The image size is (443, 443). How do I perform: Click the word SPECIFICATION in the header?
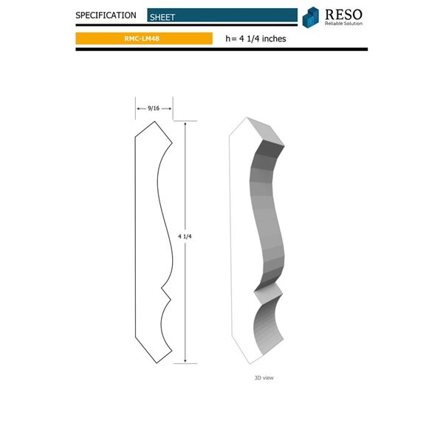click(106, 15)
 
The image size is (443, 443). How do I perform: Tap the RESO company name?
click(343, 13)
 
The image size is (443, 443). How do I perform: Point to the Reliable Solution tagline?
click(343, 24)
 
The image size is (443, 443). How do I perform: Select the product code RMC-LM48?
click(142, 38)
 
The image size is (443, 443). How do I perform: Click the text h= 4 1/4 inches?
click(255, 38)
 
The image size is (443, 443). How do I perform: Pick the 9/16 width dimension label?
click(154, 108)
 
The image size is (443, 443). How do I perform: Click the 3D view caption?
click(264, 377)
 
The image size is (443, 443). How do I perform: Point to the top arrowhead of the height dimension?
click(185, 125)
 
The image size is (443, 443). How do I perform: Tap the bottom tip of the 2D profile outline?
click(156, 363)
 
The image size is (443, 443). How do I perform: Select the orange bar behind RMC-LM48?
click(177, 38)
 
